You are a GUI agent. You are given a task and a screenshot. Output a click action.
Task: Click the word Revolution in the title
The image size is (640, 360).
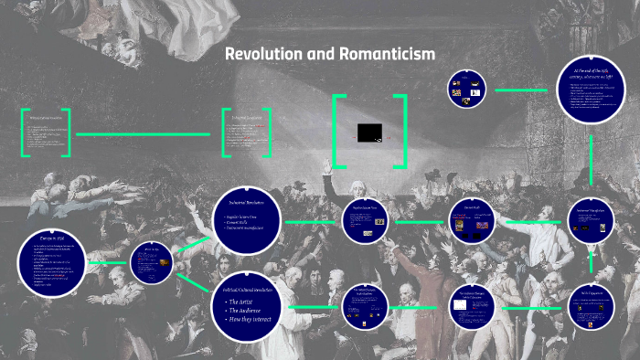pyautogui.click(x=262, y=55)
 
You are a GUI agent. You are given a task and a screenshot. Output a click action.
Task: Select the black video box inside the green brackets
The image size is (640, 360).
pyautogui.click(x=368, y=133)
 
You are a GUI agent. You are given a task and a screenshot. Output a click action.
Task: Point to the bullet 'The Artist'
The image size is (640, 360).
pyautogui.click(x=243, y=301)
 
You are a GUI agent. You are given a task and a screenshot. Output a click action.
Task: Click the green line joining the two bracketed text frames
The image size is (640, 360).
pyautogui.click(x=146, y=134)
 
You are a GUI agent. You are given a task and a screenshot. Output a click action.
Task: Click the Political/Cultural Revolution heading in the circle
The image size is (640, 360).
pyautogui.click(x=250, y=288)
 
